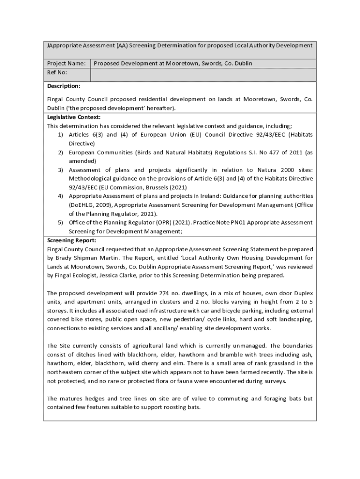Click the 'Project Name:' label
tap(66, 63)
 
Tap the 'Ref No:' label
tap(57, 73)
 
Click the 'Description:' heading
tap(64, 86)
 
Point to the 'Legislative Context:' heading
tap(74, 117)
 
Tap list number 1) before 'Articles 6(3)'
tap(61, 135)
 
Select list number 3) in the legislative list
tap(61, 170)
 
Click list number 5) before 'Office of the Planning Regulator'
tap(61, 223)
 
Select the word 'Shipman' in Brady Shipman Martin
tap(88, 258)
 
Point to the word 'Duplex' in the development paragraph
tap(303, 293)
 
